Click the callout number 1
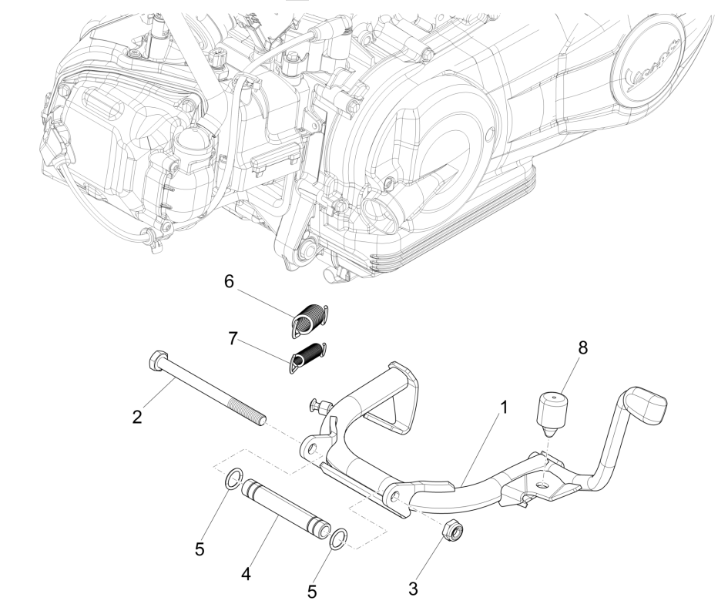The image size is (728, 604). point(502,408)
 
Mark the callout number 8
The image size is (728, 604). point(582,348)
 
